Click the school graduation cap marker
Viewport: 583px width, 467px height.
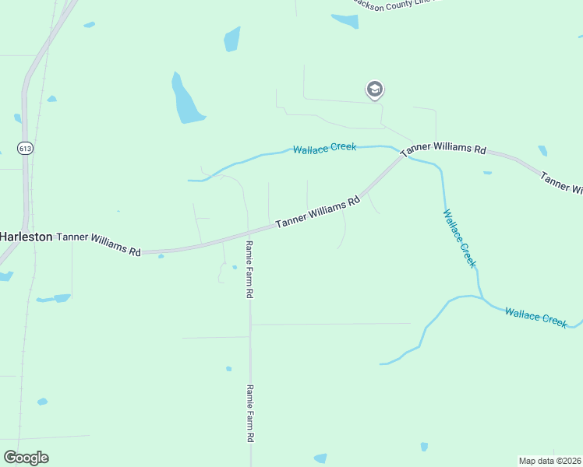pyautogui.click(x=375, y=90)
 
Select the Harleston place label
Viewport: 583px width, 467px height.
pyautogui.click(x=26, y=236)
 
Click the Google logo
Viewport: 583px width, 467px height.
pyautogui.click(x=26, y=458)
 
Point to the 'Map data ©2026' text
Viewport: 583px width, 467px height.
pyautogui.click(x=550, y=461)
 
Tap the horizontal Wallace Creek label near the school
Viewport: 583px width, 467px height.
pyautogui.click(x=324, y=147)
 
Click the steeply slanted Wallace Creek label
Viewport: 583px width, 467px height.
pyautogui.click(x=459, y=238)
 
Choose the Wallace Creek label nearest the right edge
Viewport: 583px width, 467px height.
pyautogui.click(x=535, y=318)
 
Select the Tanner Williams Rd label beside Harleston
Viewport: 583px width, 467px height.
pyautogui.click(x=99, y=243)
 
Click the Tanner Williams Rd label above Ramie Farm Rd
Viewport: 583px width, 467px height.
pyautogui.click(x=317, y=212)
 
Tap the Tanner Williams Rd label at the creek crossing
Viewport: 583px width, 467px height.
pyautogui.click(x=443, y=148)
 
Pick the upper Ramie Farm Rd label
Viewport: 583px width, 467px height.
pyautogui.click(x=249, y=269)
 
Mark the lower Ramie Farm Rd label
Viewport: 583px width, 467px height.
pyautogui.click(x=250, y=413)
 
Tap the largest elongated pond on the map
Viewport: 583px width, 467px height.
pyautogui.click(x=186, y=100)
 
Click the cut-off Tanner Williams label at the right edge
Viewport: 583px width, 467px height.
pyautogui.click(x=561, y=181)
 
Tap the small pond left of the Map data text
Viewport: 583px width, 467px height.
pyautogui.click(x=424, y=447)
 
